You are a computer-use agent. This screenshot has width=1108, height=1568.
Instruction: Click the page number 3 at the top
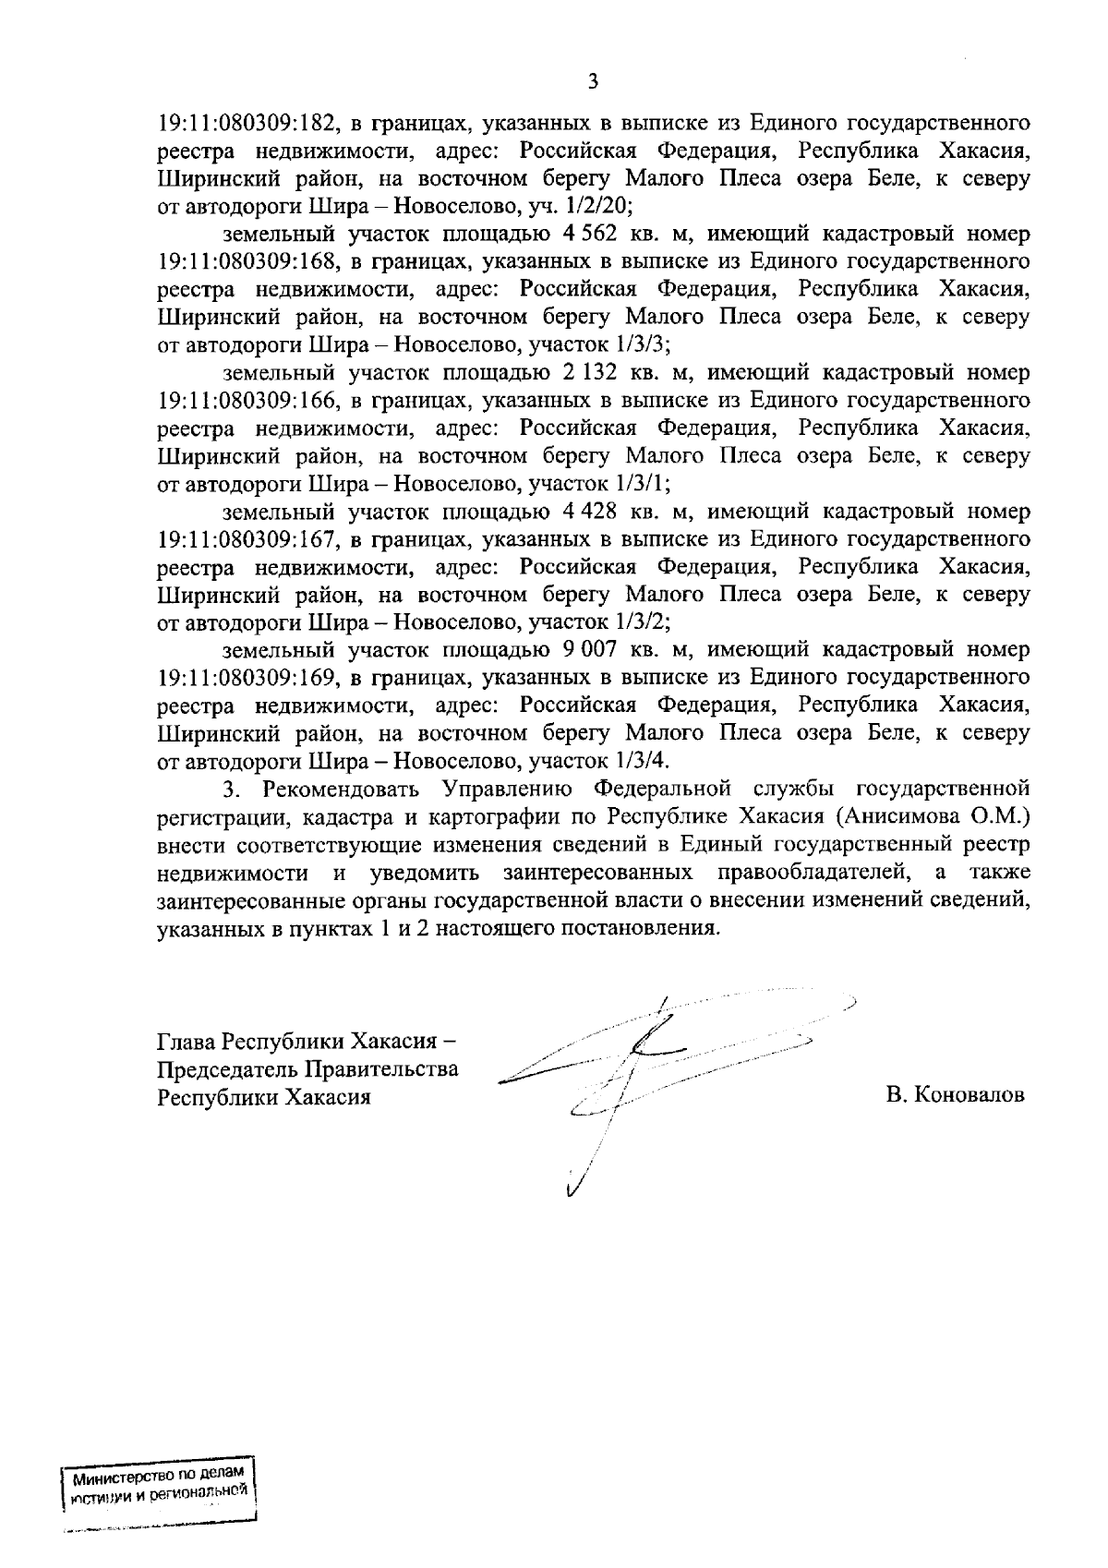tap(594, 82)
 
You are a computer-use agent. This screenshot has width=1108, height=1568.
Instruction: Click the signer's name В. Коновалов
tap(955, 1096)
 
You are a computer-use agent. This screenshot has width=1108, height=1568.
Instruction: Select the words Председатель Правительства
tap(308, 1069)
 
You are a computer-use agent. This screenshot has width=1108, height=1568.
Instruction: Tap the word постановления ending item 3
tap(645, 927)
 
